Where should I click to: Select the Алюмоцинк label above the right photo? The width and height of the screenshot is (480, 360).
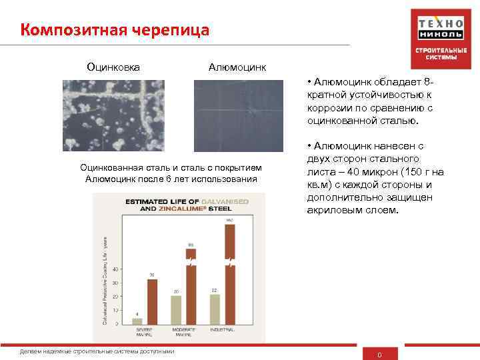pyautogui.click(x=237, y=67)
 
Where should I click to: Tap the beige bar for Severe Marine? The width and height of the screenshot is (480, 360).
pyautogui.click(x=137, y=320)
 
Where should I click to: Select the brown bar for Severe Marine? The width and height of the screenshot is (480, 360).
pyautogui.click(x=152, y=301)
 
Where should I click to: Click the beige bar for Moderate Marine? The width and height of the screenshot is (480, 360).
pyautogui.click(x=176, y=309)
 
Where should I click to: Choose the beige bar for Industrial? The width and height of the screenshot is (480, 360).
pyautogui.click(x=215, y=308)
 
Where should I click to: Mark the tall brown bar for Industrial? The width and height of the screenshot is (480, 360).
pyautogui.click(x=230, y=273)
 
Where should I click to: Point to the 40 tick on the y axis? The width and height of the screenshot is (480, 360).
pyautogui.click(x=117, y=269)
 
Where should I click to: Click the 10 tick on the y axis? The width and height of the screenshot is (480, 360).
pyautogui.click(x=117, y=310)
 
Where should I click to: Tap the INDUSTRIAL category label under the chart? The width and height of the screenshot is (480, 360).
pyautogui.click(x=223, y=329)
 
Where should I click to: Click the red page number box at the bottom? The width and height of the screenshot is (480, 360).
pyautogui.click(x=379, y=353)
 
